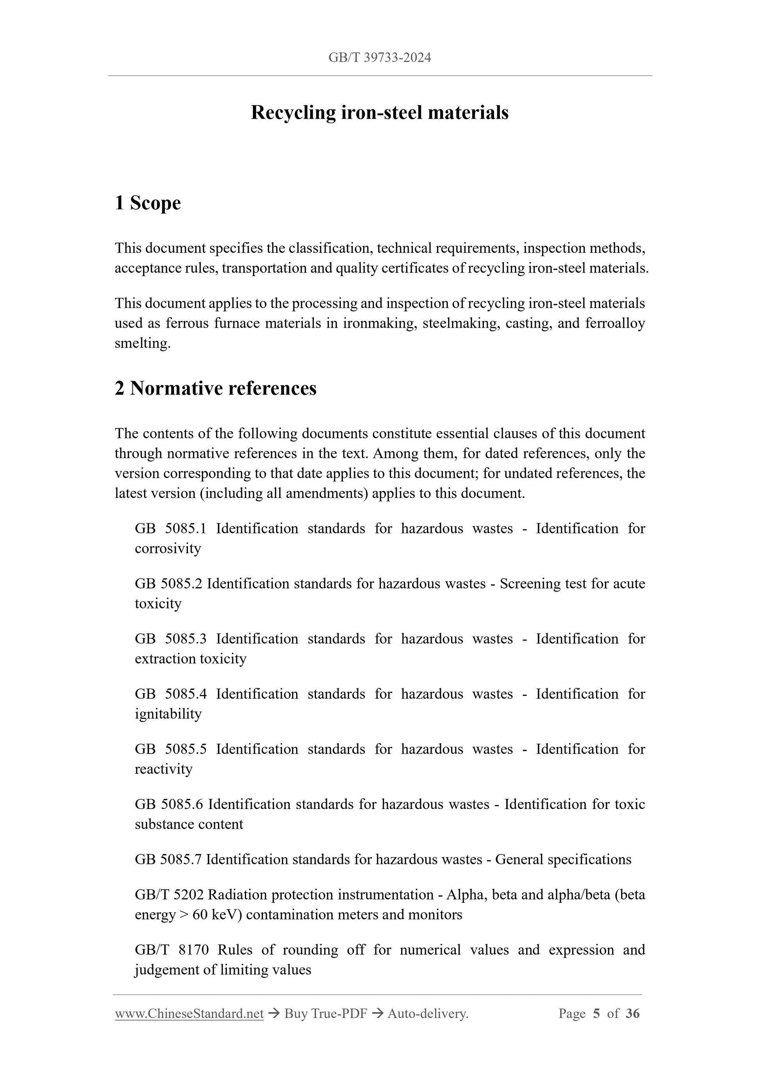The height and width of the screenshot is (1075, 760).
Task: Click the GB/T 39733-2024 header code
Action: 379,57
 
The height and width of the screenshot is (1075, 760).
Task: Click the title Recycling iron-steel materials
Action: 379,113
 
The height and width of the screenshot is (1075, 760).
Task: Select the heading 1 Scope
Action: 148,203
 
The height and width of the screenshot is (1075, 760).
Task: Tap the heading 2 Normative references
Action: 216,388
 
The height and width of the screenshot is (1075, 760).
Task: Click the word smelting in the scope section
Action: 143,343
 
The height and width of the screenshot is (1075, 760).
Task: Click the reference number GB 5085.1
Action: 170,529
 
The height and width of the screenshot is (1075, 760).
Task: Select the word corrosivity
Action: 168,548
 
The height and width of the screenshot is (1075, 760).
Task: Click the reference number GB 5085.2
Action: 169,584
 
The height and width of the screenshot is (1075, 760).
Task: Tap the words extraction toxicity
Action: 190,659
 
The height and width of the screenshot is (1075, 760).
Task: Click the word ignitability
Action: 168,714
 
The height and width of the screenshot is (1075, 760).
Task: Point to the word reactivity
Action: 163,769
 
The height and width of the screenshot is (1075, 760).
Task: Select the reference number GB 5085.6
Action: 169,804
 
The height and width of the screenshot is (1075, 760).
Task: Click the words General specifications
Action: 563,859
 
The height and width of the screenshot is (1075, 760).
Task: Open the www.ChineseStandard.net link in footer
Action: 189,1014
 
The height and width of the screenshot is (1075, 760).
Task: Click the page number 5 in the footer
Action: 596,1014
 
